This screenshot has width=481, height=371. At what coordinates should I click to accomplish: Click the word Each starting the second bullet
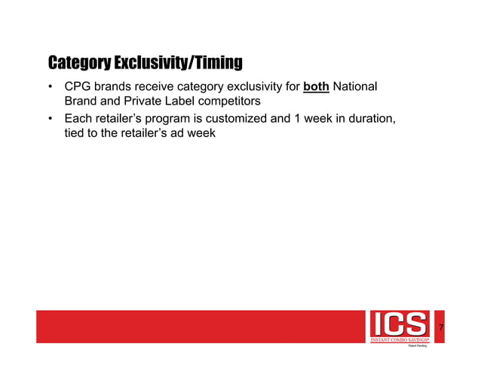coord(78,119)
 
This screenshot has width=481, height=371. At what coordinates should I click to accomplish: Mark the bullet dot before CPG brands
coord(51,88)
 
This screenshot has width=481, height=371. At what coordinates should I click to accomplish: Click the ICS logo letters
coord(399,325)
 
